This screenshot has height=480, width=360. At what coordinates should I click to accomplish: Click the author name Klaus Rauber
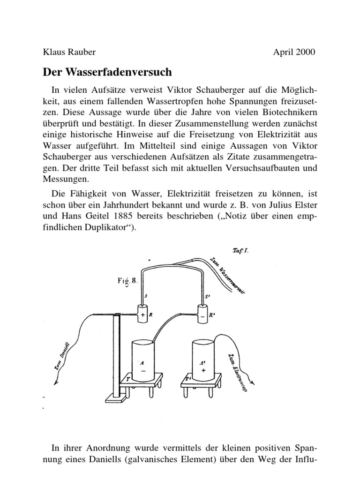[x=69, y=52]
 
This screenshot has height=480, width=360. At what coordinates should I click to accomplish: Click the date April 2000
[x=294, y=52]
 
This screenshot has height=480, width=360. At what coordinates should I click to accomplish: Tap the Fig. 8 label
[x=127, y=281]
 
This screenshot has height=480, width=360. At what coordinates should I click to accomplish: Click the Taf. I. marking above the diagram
[x=240, y=251]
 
